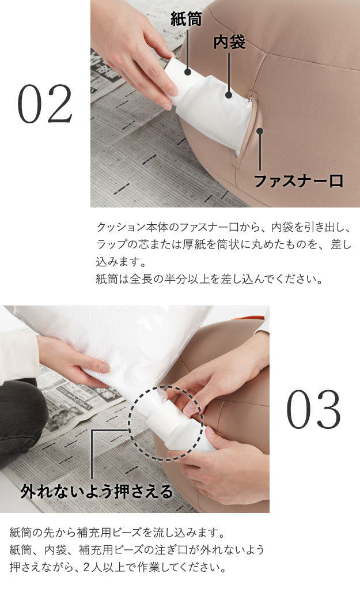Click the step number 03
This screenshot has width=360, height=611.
(x=314, y=409)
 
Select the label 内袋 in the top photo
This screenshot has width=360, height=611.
(x=229, y=42)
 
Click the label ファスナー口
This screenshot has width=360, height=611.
(x=298, y=181)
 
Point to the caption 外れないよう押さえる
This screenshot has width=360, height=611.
(x=97, y=491)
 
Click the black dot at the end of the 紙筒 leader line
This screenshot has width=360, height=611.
(x=188, y=71)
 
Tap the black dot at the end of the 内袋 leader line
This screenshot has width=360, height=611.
(x=229, y=95)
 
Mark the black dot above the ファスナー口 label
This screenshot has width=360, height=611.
(x=260, y=131)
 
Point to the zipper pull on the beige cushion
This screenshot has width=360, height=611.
(x=250, y=97)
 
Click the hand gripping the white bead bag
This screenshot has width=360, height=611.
(x=74, y=360)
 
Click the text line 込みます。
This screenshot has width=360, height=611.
(x=121, y=262)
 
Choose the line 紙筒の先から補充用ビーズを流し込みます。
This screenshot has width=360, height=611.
(x=118, y=532)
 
